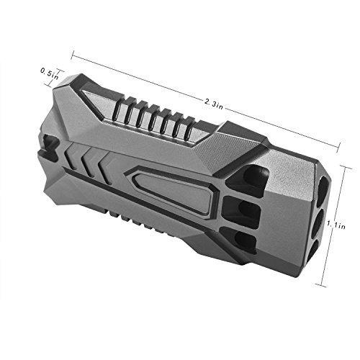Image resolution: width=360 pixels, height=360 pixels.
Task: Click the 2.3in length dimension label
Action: (x=214, y=104)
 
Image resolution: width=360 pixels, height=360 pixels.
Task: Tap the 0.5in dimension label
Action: (x=49, y=73)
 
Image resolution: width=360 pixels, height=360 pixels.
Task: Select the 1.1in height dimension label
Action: (x=336, y=225)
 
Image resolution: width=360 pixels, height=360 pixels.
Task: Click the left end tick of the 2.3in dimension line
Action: (x=73, y=55)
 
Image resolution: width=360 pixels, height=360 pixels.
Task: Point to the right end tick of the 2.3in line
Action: (x=338, y=146)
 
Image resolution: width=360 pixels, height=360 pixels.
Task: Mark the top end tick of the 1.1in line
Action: (x=346, y=167)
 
